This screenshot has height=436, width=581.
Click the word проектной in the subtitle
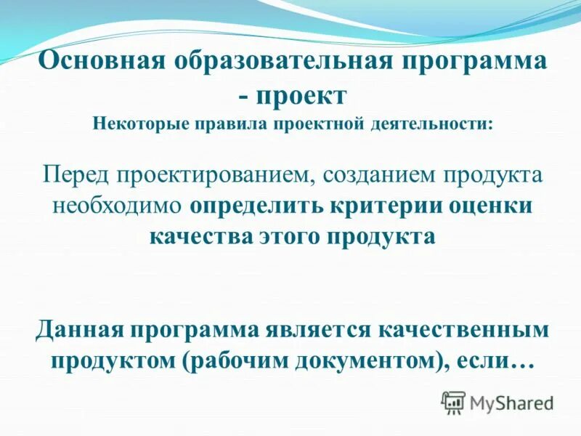[x=317, y=122]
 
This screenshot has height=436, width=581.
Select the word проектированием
[x=214, y=175]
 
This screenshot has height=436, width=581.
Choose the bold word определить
[x=251, y=206]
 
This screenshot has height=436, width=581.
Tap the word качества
[x=198, y=237]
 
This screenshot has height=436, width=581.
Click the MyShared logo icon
[x=454, y=402]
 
